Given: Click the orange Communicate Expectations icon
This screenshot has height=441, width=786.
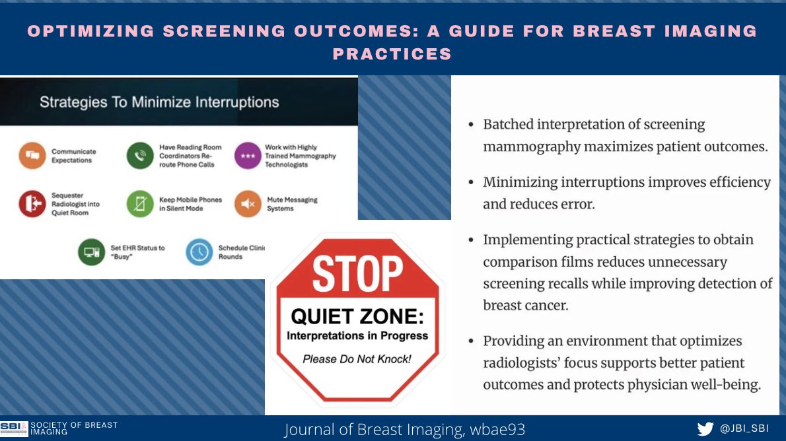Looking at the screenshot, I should pos(32,156).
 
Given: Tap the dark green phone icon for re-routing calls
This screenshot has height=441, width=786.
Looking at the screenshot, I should pos(140,156).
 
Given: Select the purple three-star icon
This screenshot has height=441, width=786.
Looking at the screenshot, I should pos(248,156).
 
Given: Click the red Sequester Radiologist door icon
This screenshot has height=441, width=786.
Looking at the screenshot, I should pos(32,204).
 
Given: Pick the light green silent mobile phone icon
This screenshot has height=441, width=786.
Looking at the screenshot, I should pos(140,204).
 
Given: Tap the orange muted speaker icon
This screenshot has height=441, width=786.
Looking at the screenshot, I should pos(248,204).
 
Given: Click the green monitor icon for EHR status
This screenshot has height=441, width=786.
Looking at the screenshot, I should pos(91,252).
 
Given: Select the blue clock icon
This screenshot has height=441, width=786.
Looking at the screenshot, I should pos(199,252).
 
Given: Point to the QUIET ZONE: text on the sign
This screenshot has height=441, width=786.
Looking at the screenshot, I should pos(357,317).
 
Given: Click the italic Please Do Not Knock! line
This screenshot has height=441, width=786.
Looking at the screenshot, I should pos(357,359).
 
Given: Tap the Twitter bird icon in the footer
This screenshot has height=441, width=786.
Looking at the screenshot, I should pos(705,428).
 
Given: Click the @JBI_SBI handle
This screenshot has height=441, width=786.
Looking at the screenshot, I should pos(744,428).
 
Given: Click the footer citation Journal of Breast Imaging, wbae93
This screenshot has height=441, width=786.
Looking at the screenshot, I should pos(405,429).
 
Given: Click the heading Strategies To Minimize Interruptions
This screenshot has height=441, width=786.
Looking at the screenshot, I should pos(159,102).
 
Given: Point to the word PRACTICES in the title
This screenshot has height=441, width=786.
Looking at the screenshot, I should pos(392,54).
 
